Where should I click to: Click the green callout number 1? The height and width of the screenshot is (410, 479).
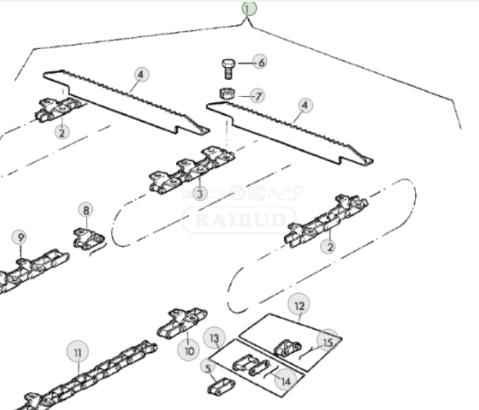pyautogui.click(x=249, y=8)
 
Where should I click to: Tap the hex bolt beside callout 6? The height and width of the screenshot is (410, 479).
pyautogui.click(x=227, y=69)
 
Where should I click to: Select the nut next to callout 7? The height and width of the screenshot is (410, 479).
pyautogui.click(x=227, y=93)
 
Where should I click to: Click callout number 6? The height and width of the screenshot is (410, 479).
pyautogui.click(x=260, y=62)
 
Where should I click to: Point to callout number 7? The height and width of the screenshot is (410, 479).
pyautogui.click(x=258, y=96)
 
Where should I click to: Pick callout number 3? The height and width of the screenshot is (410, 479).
pyautogui.click(x=200, y=193)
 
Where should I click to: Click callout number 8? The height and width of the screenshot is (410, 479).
pyautogui.click(x=86, y=210)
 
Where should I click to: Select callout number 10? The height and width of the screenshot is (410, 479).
pyautogui.click(x=188, y=351)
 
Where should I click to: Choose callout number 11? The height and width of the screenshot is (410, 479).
pyautogui.click(x=78, y=352)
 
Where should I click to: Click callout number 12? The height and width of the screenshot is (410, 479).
pyautogui.click(x=299, y=305)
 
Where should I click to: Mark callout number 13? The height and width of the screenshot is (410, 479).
pyautogui.click(x=215, y=338)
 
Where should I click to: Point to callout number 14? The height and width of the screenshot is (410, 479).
pyautogui.click(x=286, y=380)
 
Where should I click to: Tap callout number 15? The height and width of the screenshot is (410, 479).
pyautogui.click(x=328, y=342)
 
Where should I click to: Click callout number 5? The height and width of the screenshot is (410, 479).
pyautogui.click(x=208, y=368)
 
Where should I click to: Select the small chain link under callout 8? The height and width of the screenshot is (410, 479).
pyautogui.click(x=89, y=238)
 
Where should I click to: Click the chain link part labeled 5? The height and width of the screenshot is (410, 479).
pyautogui.click(x=221, y=386)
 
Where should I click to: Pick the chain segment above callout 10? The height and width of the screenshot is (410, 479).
pyautogui.click(x=182, y=323)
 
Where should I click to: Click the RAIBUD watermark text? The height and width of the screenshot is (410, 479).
pyautogui.click(x=239, y=219)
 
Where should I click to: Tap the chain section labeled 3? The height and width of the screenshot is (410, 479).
pyautogui.click(x=192, y=170)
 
